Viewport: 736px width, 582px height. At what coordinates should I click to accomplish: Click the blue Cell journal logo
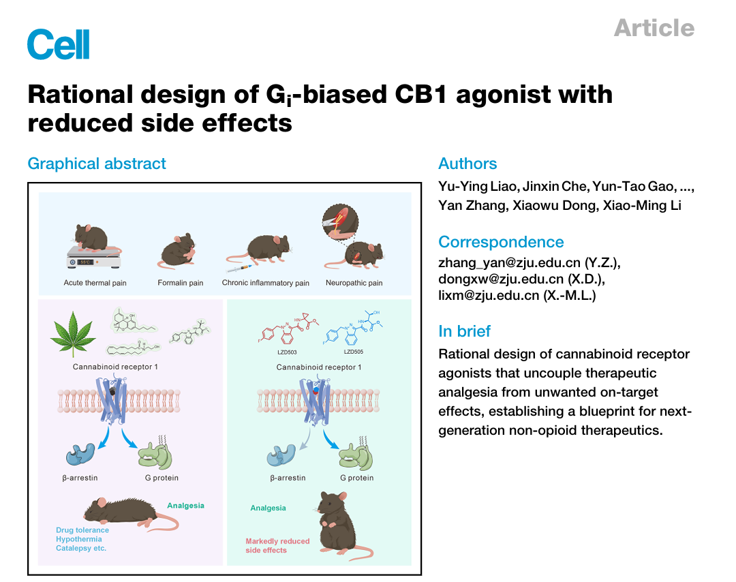tap(58, 44)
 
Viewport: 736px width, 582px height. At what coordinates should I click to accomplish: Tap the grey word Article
tap(654, 27)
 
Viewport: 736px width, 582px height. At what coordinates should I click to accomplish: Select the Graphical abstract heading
tap(97, 164)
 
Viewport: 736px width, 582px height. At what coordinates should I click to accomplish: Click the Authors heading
tap(467, 164)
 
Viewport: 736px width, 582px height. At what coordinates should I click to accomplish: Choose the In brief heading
tap(464, 331)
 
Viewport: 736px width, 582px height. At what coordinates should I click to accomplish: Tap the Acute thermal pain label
tap(95, 283)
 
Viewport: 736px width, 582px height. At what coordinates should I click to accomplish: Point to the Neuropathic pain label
tap(354, 283)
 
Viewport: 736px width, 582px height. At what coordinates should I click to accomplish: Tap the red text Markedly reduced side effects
tap(277, 545)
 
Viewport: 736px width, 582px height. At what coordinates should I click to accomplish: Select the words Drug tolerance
tap(82, 530)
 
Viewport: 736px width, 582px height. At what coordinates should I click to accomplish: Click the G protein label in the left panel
tap(162, 478)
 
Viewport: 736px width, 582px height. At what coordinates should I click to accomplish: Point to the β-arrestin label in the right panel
tap(288, 478)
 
